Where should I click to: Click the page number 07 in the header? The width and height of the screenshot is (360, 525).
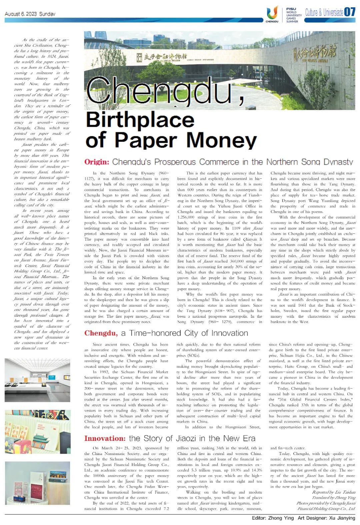(350, 12)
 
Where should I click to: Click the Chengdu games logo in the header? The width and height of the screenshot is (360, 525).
(272, 14)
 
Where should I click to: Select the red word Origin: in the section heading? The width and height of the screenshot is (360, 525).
(97, 162)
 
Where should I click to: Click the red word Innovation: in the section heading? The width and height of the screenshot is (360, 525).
(105, 438)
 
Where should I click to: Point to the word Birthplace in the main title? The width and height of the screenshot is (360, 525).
(140, 120)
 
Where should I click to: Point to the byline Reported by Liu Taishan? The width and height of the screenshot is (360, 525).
(334, 492)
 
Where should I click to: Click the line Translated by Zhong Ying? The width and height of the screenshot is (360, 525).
(334, 498)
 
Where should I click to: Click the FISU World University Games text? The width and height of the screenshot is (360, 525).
(294, 15)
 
